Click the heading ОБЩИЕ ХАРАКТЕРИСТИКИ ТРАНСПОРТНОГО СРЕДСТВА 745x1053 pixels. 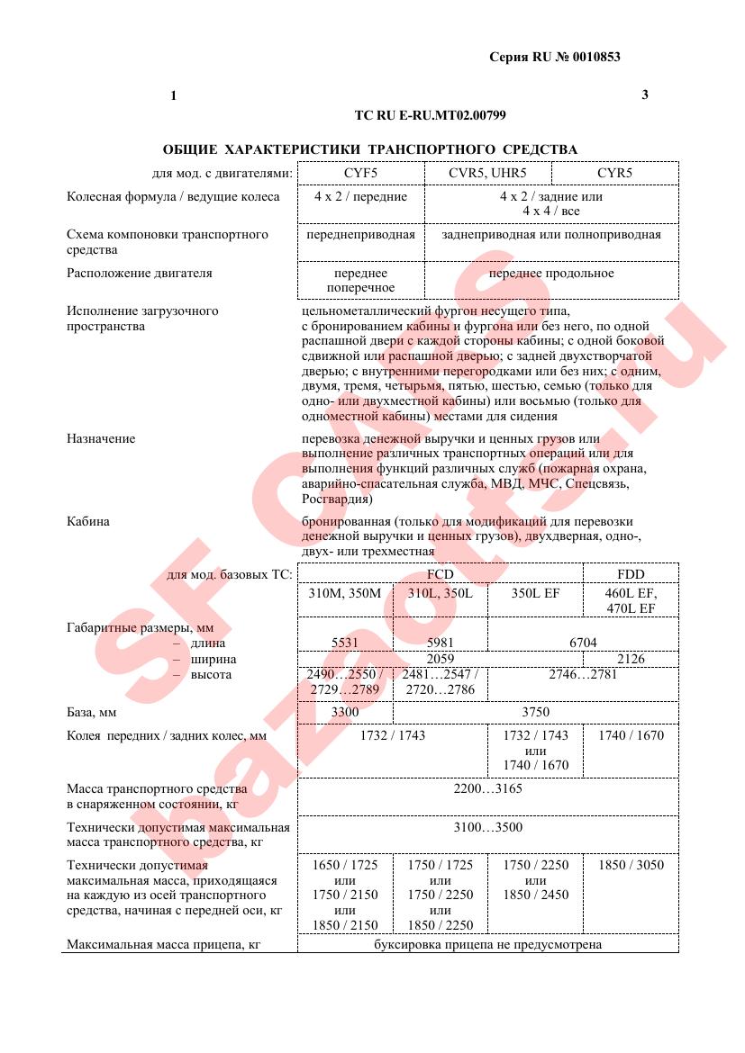(370, 149)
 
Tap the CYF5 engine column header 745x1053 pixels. (360, 173)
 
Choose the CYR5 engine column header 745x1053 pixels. (614, 173)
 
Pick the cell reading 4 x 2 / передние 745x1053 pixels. (360, 196)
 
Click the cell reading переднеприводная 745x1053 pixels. (360, 235)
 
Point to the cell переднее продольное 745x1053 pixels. (551, 273)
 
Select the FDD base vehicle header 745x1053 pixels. (631, 574)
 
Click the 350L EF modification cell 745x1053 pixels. (535, 593)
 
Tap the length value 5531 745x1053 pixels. (346, 643)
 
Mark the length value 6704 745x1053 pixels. (583, 643)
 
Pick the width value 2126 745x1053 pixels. (631, 659)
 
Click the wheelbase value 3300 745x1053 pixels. (346, 712)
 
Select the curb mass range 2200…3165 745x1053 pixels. (487, 788)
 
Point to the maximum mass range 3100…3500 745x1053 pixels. (487, 827)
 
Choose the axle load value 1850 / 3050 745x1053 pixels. (631, 865)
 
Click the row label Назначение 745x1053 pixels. (101, 439)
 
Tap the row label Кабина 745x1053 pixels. (88, 521)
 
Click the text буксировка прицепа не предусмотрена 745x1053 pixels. (487, 945)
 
